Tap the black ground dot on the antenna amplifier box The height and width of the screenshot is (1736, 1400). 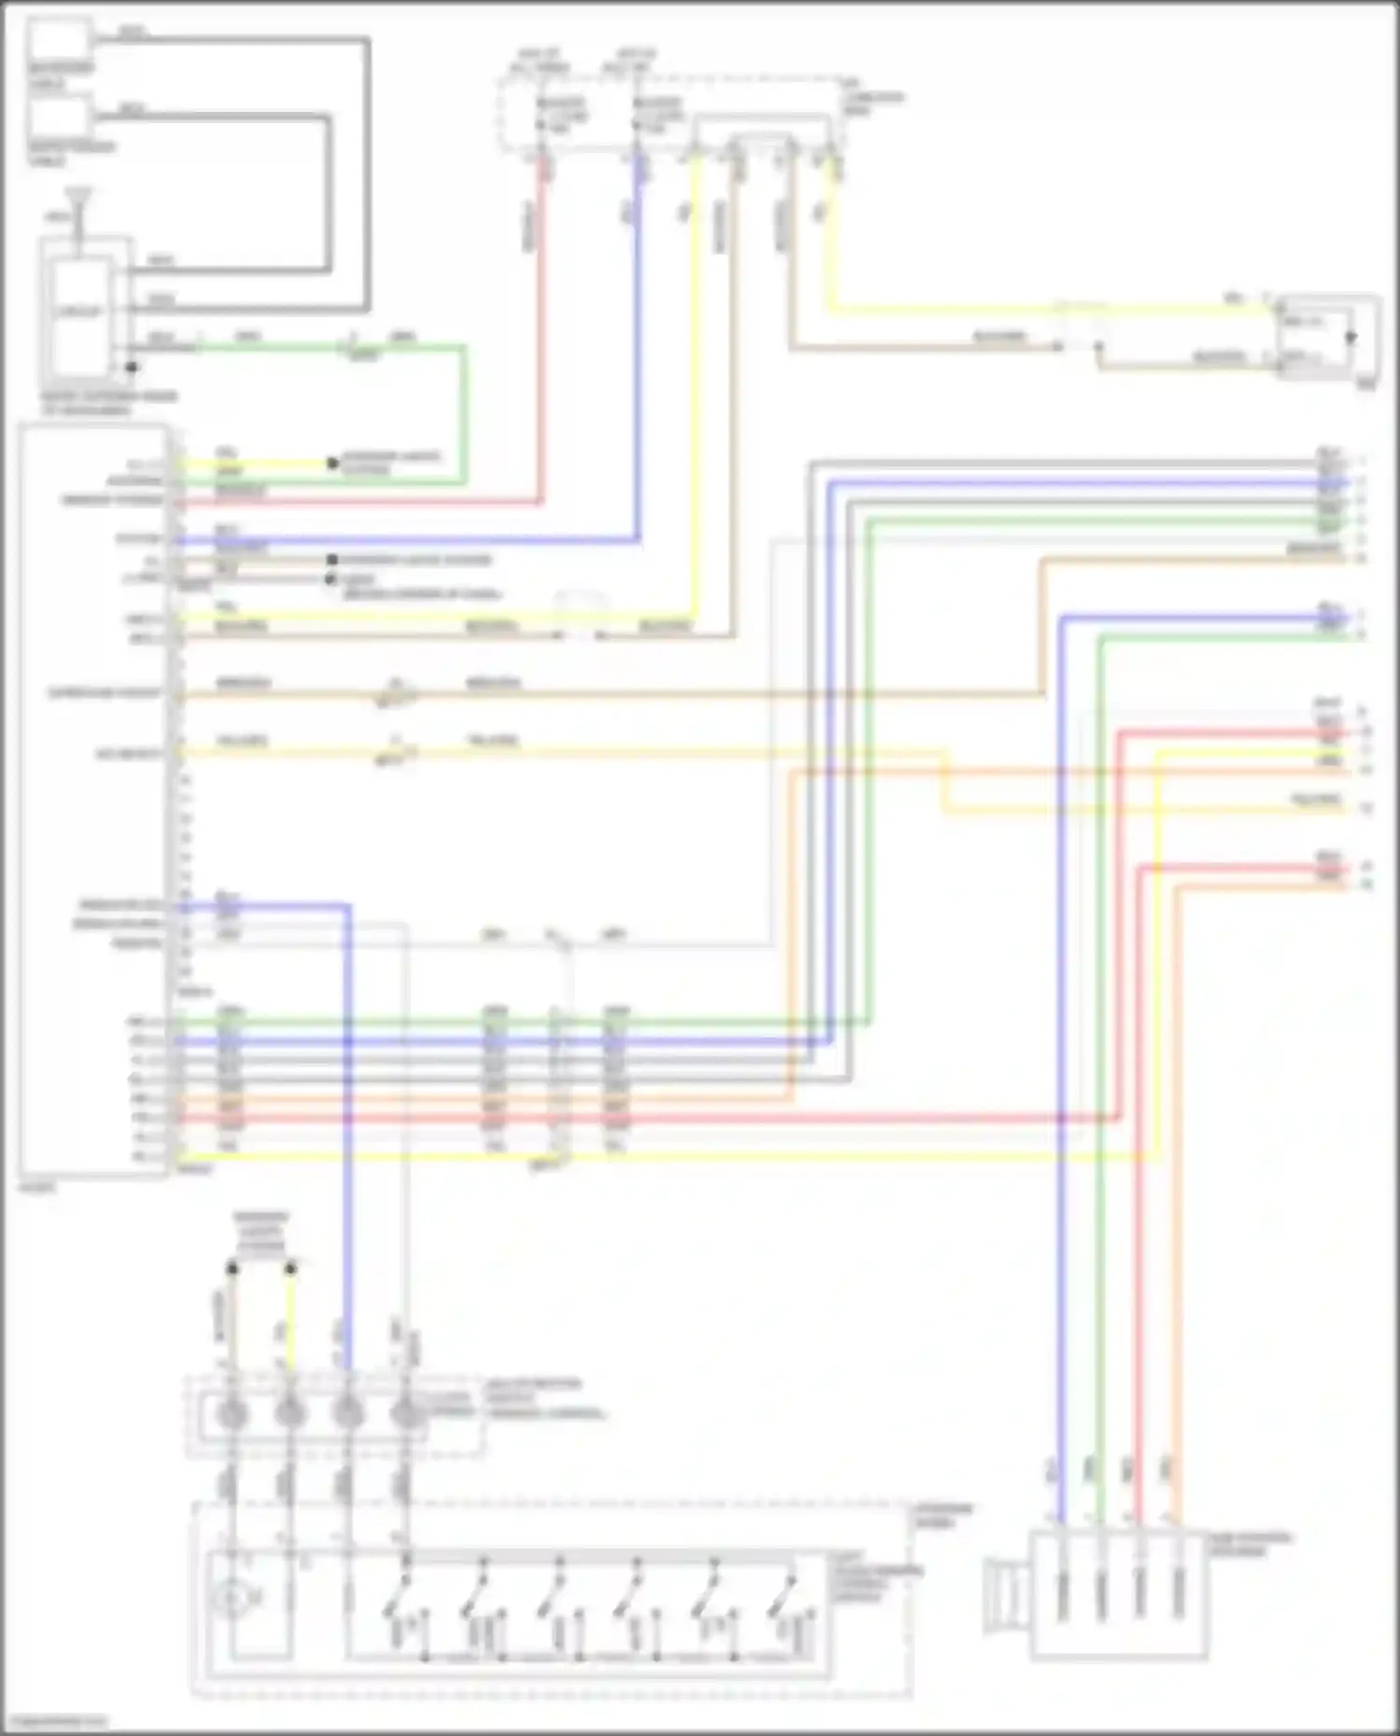(x=132, y=368)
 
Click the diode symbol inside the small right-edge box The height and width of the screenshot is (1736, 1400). (x=1350, y=338)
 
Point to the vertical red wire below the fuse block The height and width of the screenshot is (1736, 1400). (x=540, y=326)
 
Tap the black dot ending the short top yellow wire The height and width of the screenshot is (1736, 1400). (x=331, y=464)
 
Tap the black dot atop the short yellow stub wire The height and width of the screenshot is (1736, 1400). (x=290, y=1269)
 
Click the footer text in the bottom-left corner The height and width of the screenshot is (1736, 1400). (x=54, y=1722)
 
